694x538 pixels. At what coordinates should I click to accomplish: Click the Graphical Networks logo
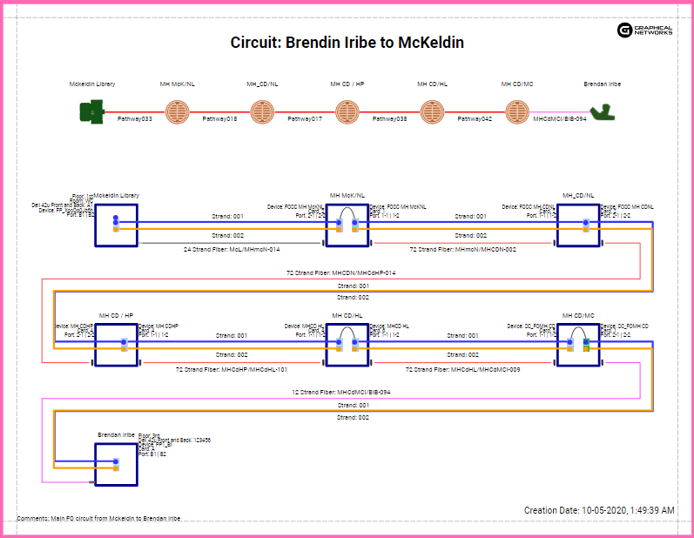point(645,30)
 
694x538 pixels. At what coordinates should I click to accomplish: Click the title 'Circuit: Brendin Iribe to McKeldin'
point(347,43)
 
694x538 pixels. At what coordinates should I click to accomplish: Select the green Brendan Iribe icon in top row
point(602,111)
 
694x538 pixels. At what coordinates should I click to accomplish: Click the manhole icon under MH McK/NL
point(177,111)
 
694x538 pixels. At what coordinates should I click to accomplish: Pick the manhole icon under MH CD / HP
point(347,111)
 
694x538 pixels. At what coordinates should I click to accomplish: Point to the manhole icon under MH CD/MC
point(516,111)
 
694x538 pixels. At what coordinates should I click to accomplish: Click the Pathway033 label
point(135,118)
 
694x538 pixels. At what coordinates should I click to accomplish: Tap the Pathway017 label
point(305,118)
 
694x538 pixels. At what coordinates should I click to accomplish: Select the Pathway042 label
point(475,118)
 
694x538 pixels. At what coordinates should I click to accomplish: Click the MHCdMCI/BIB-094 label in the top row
point(559,118)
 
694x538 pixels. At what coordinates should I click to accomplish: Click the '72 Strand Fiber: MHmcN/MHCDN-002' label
point(462,250)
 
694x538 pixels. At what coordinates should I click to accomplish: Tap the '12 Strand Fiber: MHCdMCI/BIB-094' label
point(340,393)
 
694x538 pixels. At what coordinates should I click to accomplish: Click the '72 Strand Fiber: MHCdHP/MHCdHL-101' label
point(231,370)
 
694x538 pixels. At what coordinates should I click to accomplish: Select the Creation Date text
point(598,510)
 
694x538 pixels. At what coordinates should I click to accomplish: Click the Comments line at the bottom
point(98,519)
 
